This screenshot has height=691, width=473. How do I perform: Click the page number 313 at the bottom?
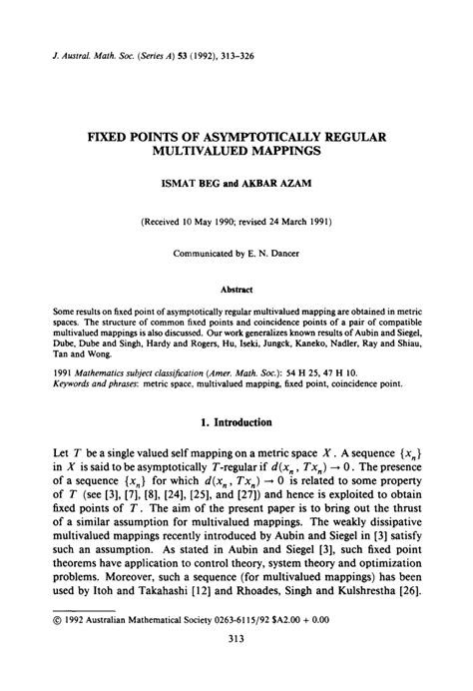[x=236, y=668]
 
